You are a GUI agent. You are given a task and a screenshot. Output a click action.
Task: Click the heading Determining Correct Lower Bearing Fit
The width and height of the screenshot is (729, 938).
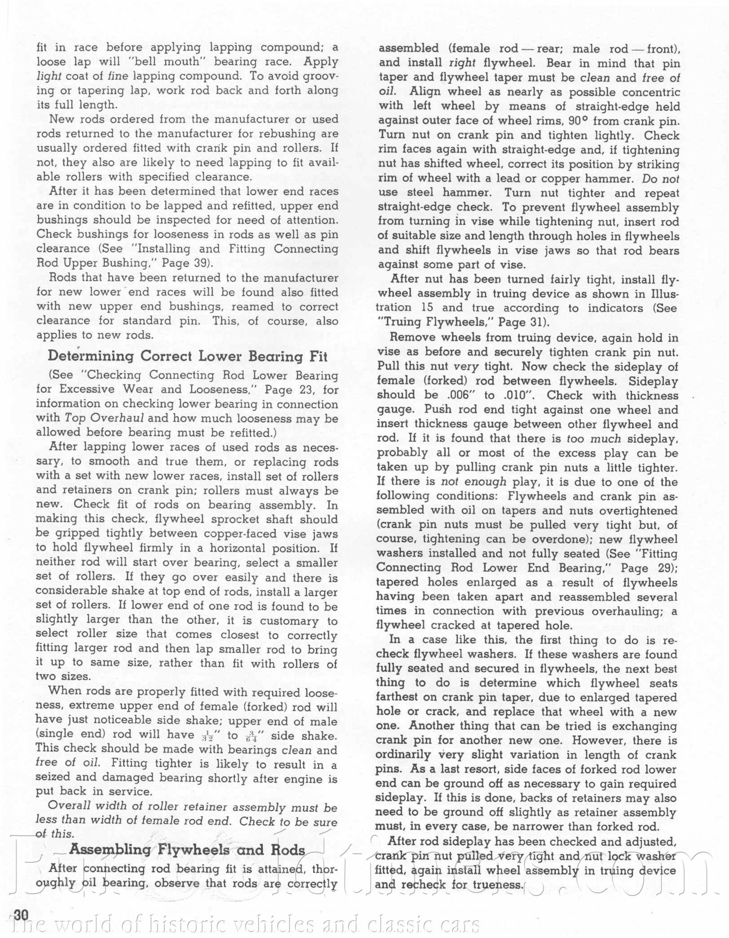pyautogui.click(x=187, y=356)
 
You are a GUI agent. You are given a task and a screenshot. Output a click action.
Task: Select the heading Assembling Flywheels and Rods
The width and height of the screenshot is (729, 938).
pyautogui.click(x=187, y=850)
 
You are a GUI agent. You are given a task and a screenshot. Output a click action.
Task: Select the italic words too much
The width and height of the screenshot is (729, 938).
pyautogui.click(x=594, y=438)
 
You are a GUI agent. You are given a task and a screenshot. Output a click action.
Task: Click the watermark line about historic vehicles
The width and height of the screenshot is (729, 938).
pyautogui.click(x=245, y=925)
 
